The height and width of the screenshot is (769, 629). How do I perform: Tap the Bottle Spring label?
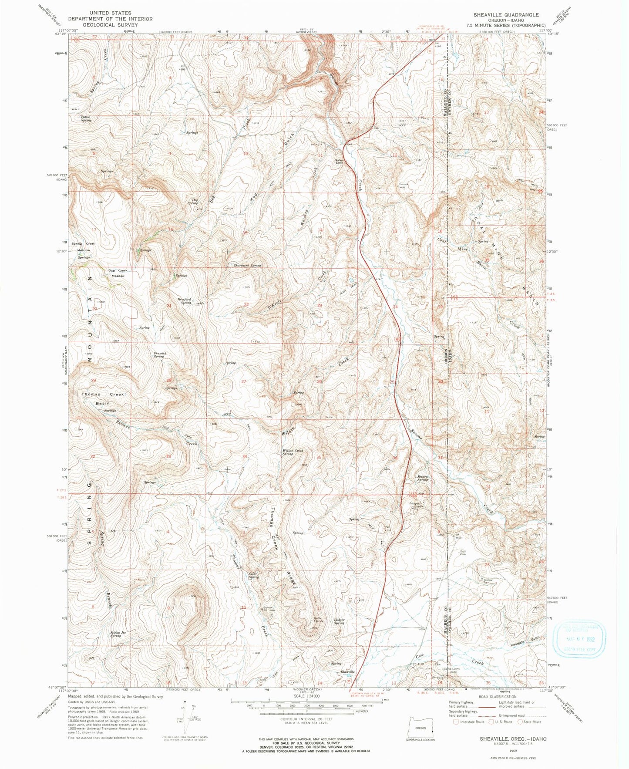pos(86,118)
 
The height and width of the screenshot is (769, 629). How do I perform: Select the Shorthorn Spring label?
pos(247,265)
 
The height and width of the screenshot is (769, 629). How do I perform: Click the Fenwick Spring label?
pos(158,354)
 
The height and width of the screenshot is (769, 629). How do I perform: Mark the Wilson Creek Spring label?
pos(293,452)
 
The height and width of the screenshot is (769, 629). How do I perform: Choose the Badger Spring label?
pos(339,621)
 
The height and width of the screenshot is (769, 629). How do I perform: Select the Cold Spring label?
pos(254,575)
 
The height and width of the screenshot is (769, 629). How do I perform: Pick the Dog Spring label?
pos(192,202)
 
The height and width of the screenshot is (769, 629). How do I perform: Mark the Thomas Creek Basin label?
pos(102,398)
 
